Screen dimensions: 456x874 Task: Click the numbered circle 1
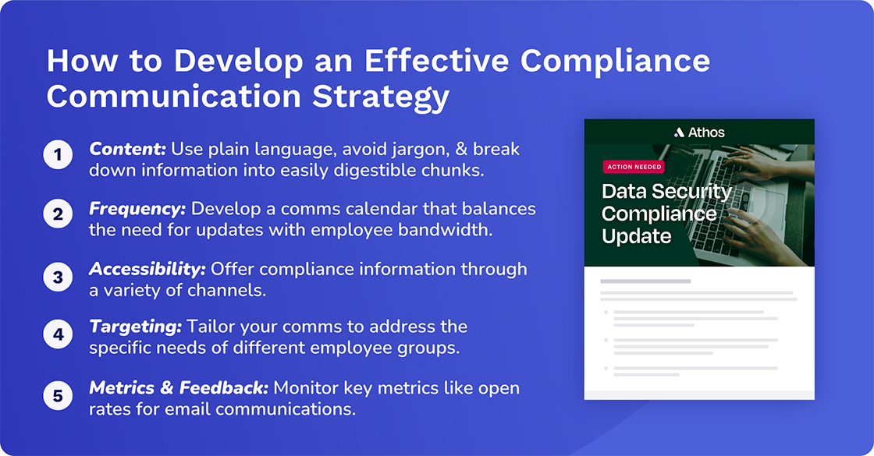pyautogui.click(x=58, y=155)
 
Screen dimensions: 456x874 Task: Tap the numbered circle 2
pyautogui.click(x=58, y=215)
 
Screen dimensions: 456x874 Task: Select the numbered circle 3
pyautogui.click(x=58, y=276)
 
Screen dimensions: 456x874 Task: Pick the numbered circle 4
pyautogui.click(x=58, y=336)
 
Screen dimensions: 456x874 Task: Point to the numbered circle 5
pyautogui.click(x=58, y=395)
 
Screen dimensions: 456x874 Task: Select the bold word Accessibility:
pyautogui.click(x=147, y=269)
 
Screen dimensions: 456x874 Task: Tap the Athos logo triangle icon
pyautogui.click(x=679, y=133)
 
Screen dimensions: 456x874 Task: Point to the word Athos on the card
pyautogui.click(x=705, y=133)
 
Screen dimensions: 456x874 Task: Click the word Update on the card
pyautogui.click(x=635, y=235)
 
